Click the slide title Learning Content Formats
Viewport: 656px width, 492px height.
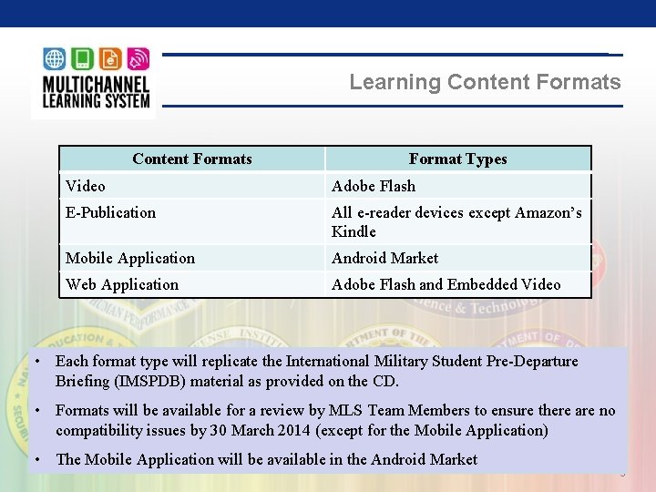pyautogui.click(x=485, y=82)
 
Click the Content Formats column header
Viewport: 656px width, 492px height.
pyautogui.click(x=191, y=159)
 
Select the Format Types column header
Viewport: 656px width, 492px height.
pyautogui.click(x=457, y=159)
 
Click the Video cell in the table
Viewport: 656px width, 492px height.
pyautogui.click(x=86, y=186)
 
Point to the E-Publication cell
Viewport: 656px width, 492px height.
pyautogui.click(x=110, y=212)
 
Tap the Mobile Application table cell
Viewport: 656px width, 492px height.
pyautogui.click(x=130, y=258)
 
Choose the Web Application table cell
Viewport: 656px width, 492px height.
pyautogui.click(x=122, y=284)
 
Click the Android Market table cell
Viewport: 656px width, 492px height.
pyautogui.click(x=384, y=258)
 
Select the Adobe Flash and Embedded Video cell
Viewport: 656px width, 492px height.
pyautogui.click(x=446, y=284)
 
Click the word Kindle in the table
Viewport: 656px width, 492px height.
pyautogui.click(x=354, y=231)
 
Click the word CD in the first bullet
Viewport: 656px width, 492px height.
pyautogui.click(x=386, y=381)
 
